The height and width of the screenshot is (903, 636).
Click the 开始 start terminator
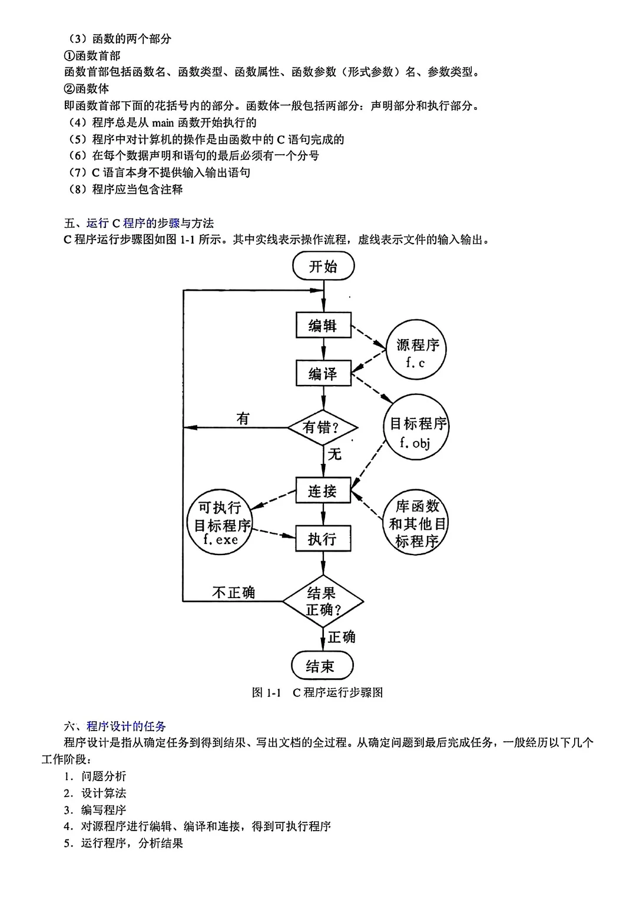323,266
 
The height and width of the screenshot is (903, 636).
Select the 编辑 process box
323,326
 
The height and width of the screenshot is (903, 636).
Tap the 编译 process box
323,373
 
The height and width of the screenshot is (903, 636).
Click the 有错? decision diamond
323,427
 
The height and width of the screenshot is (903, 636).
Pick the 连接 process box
323,491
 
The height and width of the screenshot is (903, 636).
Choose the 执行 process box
323,539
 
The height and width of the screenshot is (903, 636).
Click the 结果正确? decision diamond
323,602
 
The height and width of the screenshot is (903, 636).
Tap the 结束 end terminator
322,666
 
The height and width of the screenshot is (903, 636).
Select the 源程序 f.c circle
417,353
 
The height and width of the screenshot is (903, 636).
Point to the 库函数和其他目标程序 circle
417,523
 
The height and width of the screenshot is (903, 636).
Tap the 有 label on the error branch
243,419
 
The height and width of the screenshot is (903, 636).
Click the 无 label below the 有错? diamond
334,454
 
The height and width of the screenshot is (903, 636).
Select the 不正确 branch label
234,592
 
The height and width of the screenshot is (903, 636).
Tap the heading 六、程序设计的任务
115,726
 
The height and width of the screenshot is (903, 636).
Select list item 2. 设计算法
95,793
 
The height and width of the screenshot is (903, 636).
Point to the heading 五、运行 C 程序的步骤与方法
139,223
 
